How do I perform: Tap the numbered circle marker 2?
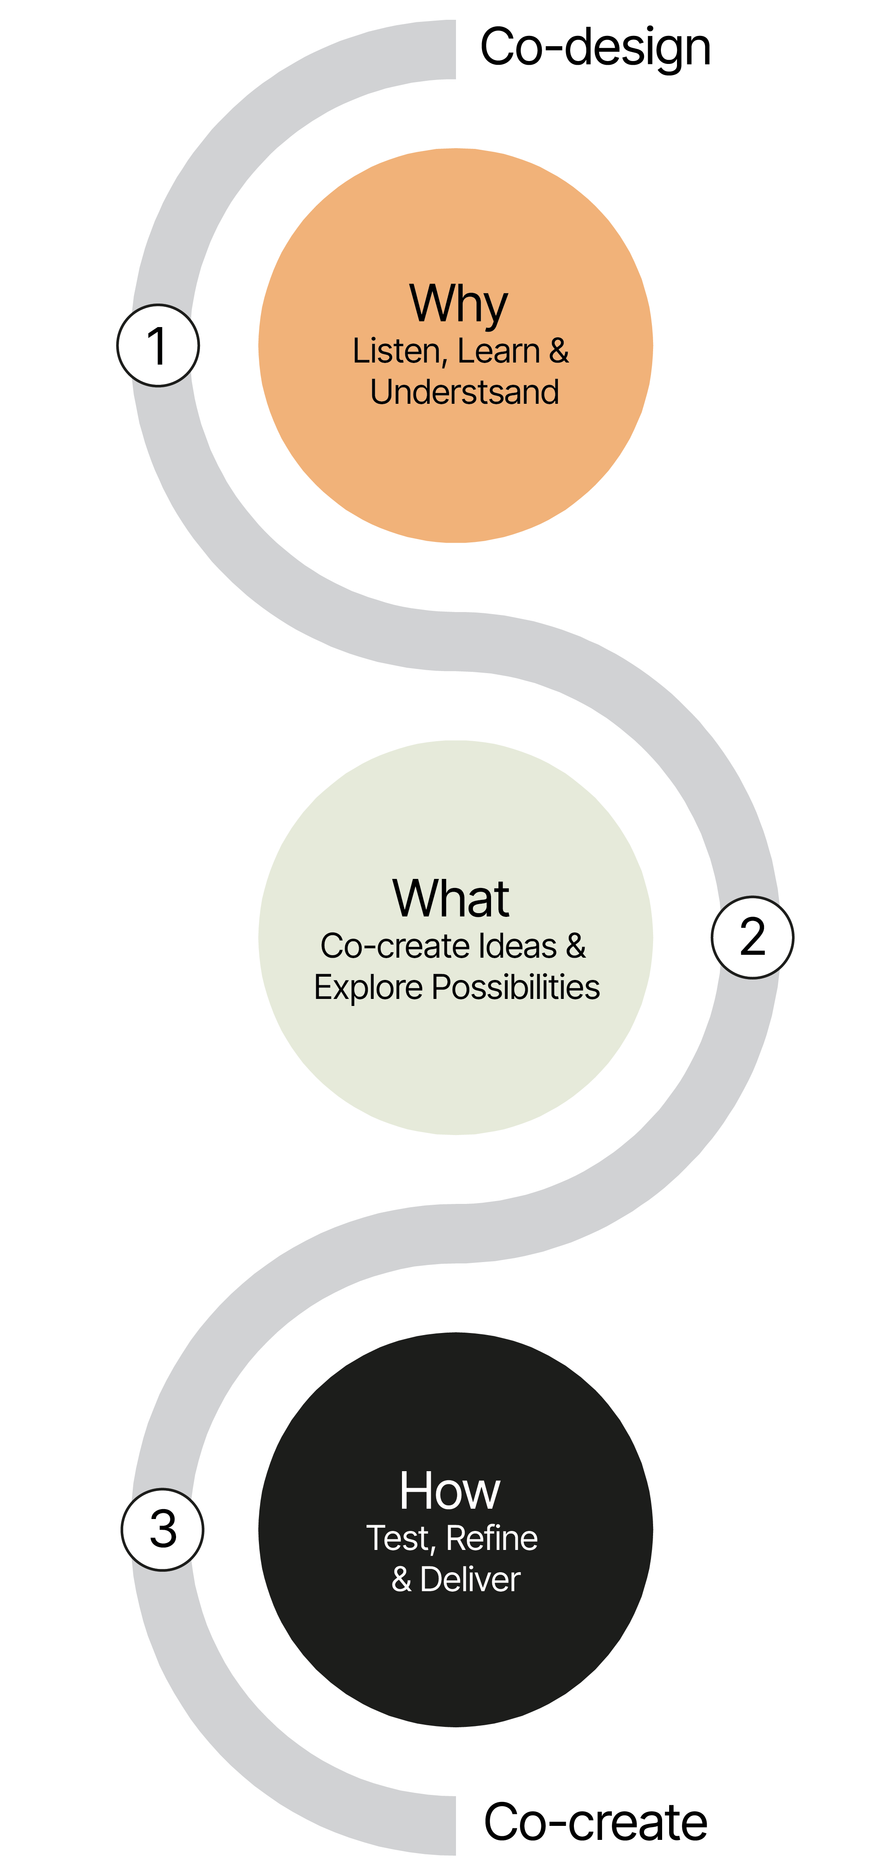752,937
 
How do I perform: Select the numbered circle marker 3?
162,1530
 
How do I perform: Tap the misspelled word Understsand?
465,392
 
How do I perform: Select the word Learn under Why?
498,351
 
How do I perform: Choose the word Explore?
368,988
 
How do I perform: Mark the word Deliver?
470,1580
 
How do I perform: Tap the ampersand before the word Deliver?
402,1580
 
